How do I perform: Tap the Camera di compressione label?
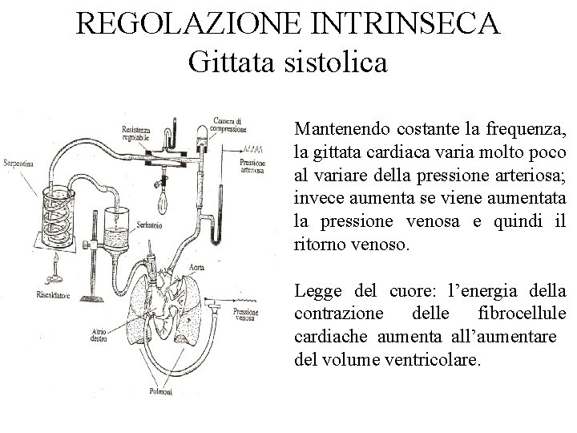[227, 124]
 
